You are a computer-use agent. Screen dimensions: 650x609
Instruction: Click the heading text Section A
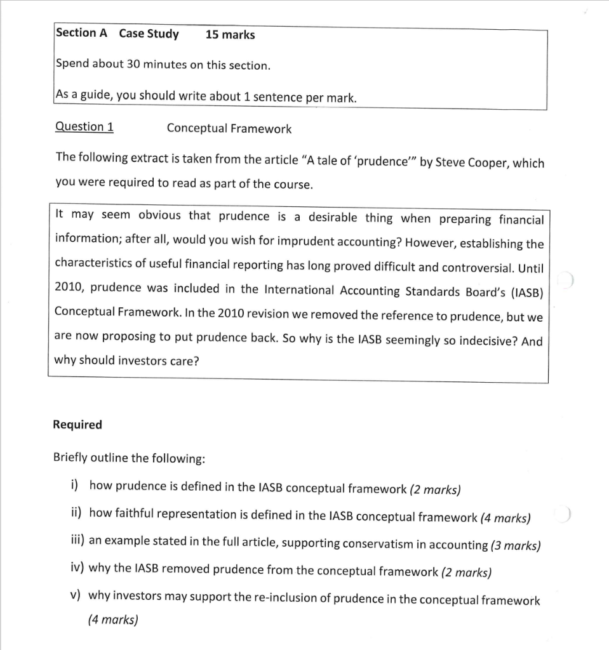[81, 33]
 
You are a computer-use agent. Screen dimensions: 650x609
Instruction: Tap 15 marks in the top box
[230, 35]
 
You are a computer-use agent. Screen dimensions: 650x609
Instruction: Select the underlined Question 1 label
[84, 126]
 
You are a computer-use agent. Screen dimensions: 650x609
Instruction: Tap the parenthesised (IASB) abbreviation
[526, 291]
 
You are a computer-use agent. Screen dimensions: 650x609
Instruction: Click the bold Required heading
[77, 425]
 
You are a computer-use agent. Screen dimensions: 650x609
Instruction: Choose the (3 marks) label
[515, 545]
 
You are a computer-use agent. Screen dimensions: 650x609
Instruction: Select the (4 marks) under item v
[112, 620]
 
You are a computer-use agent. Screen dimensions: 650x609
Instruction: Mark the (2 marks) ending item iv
[465, 572]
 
